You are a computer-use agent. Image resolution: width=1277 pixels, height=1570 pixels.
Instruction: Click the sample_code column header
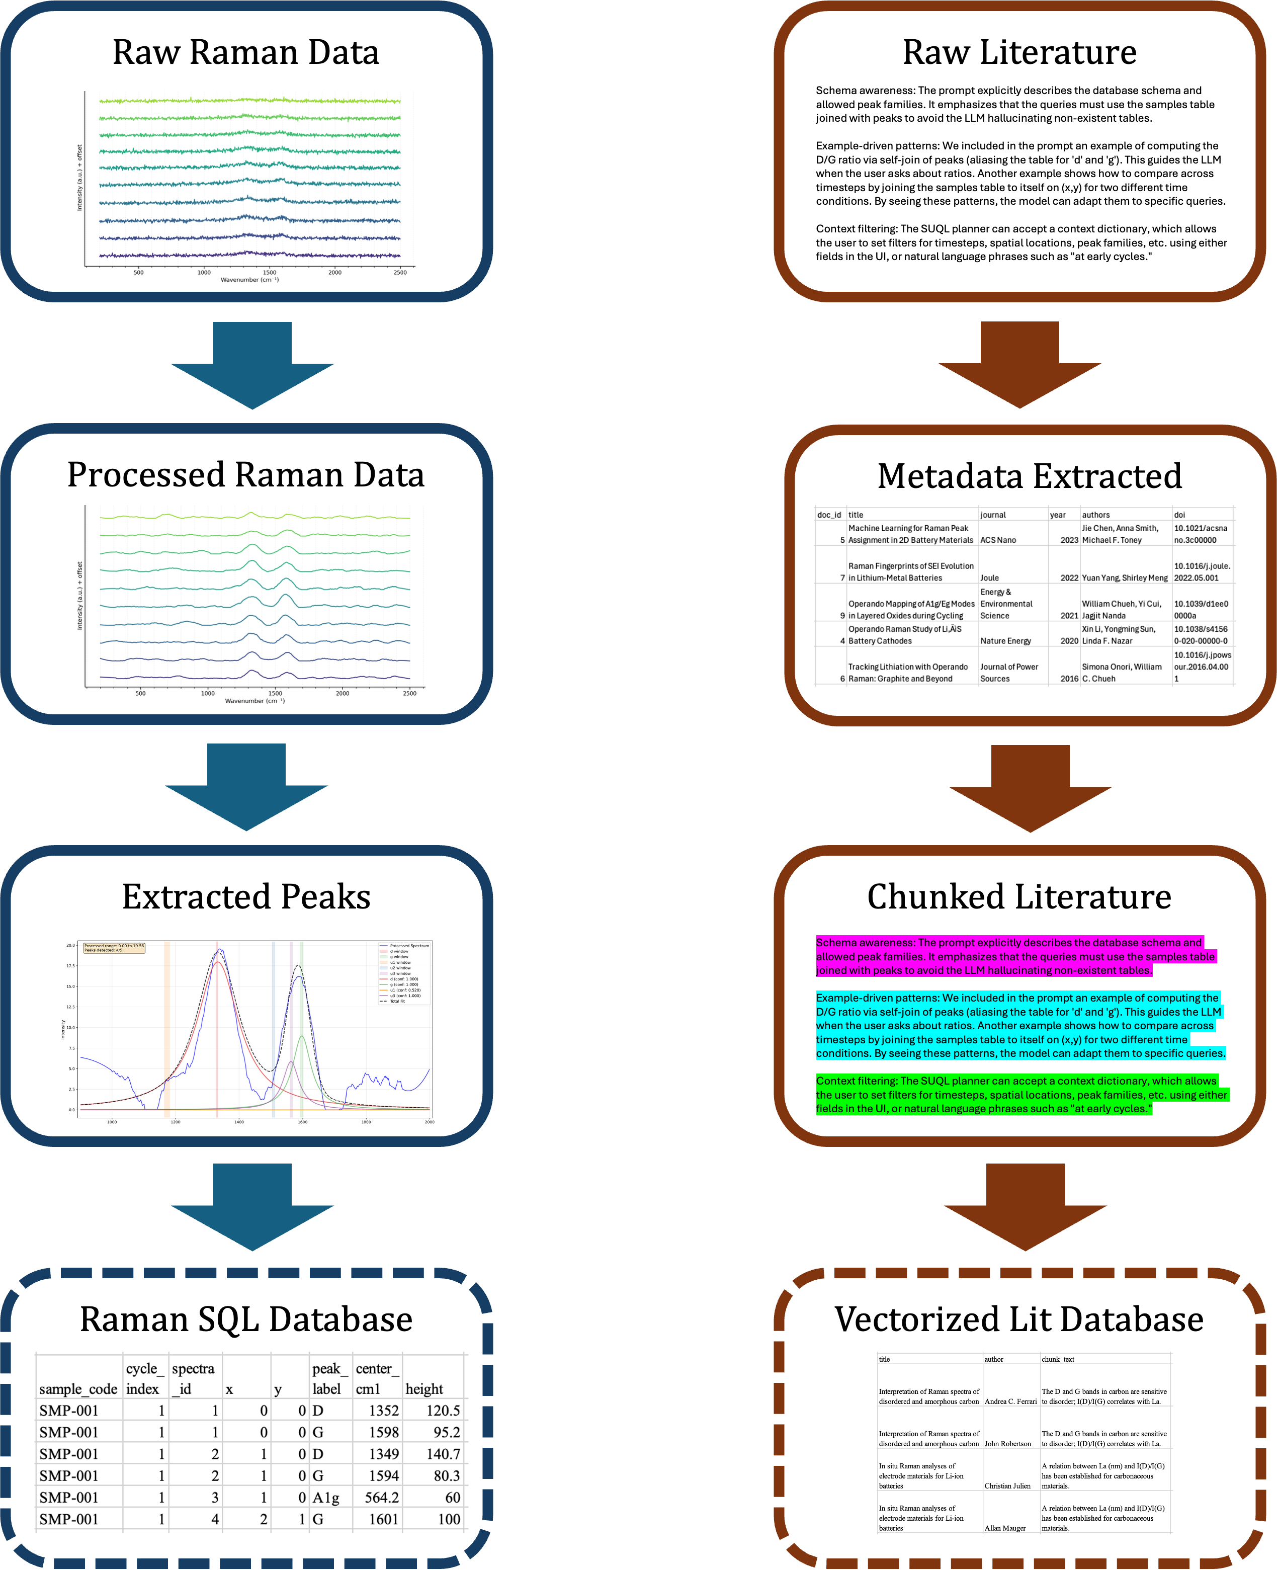tap(78, 1388)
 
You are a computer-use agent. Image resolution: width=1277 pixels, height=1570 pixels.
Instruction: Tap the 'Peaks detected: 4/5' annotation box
tap(114, 948)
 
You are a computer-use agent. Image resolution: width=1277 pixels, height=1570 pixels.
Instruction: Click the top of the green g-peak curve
tap(302, 1037)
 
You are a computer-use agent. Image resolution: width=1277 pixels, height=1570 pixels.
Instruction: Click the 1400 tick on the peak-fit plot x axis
tap(239, 1122)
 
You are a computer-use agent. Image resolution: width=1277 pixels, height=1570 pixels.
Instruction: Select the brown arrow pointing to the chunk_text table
tap(1025, 1207)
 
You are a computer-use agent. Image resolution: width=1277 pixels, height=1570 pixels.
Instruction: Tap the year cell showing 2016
tap(1069, 678)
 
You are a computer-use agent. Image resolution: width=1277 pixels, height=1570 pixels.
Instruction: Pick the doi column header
tap(1180, 515)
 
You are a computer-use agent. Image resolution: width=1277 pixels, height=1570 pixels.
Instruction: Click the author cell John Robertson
tap(1008, 1443)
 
